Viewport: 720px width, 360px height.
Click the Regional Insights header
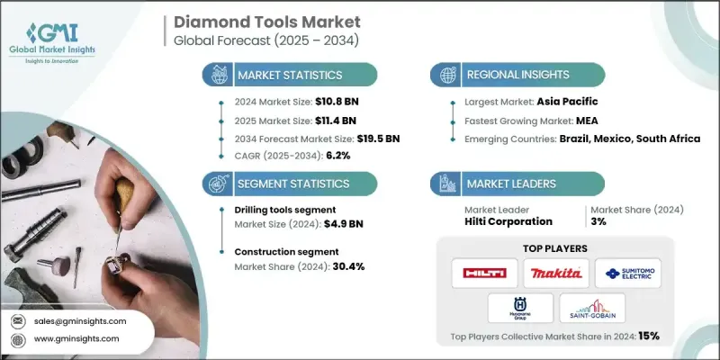coord(521,75)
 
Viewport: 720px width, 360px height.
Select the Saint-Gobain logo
coord(591,311)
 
